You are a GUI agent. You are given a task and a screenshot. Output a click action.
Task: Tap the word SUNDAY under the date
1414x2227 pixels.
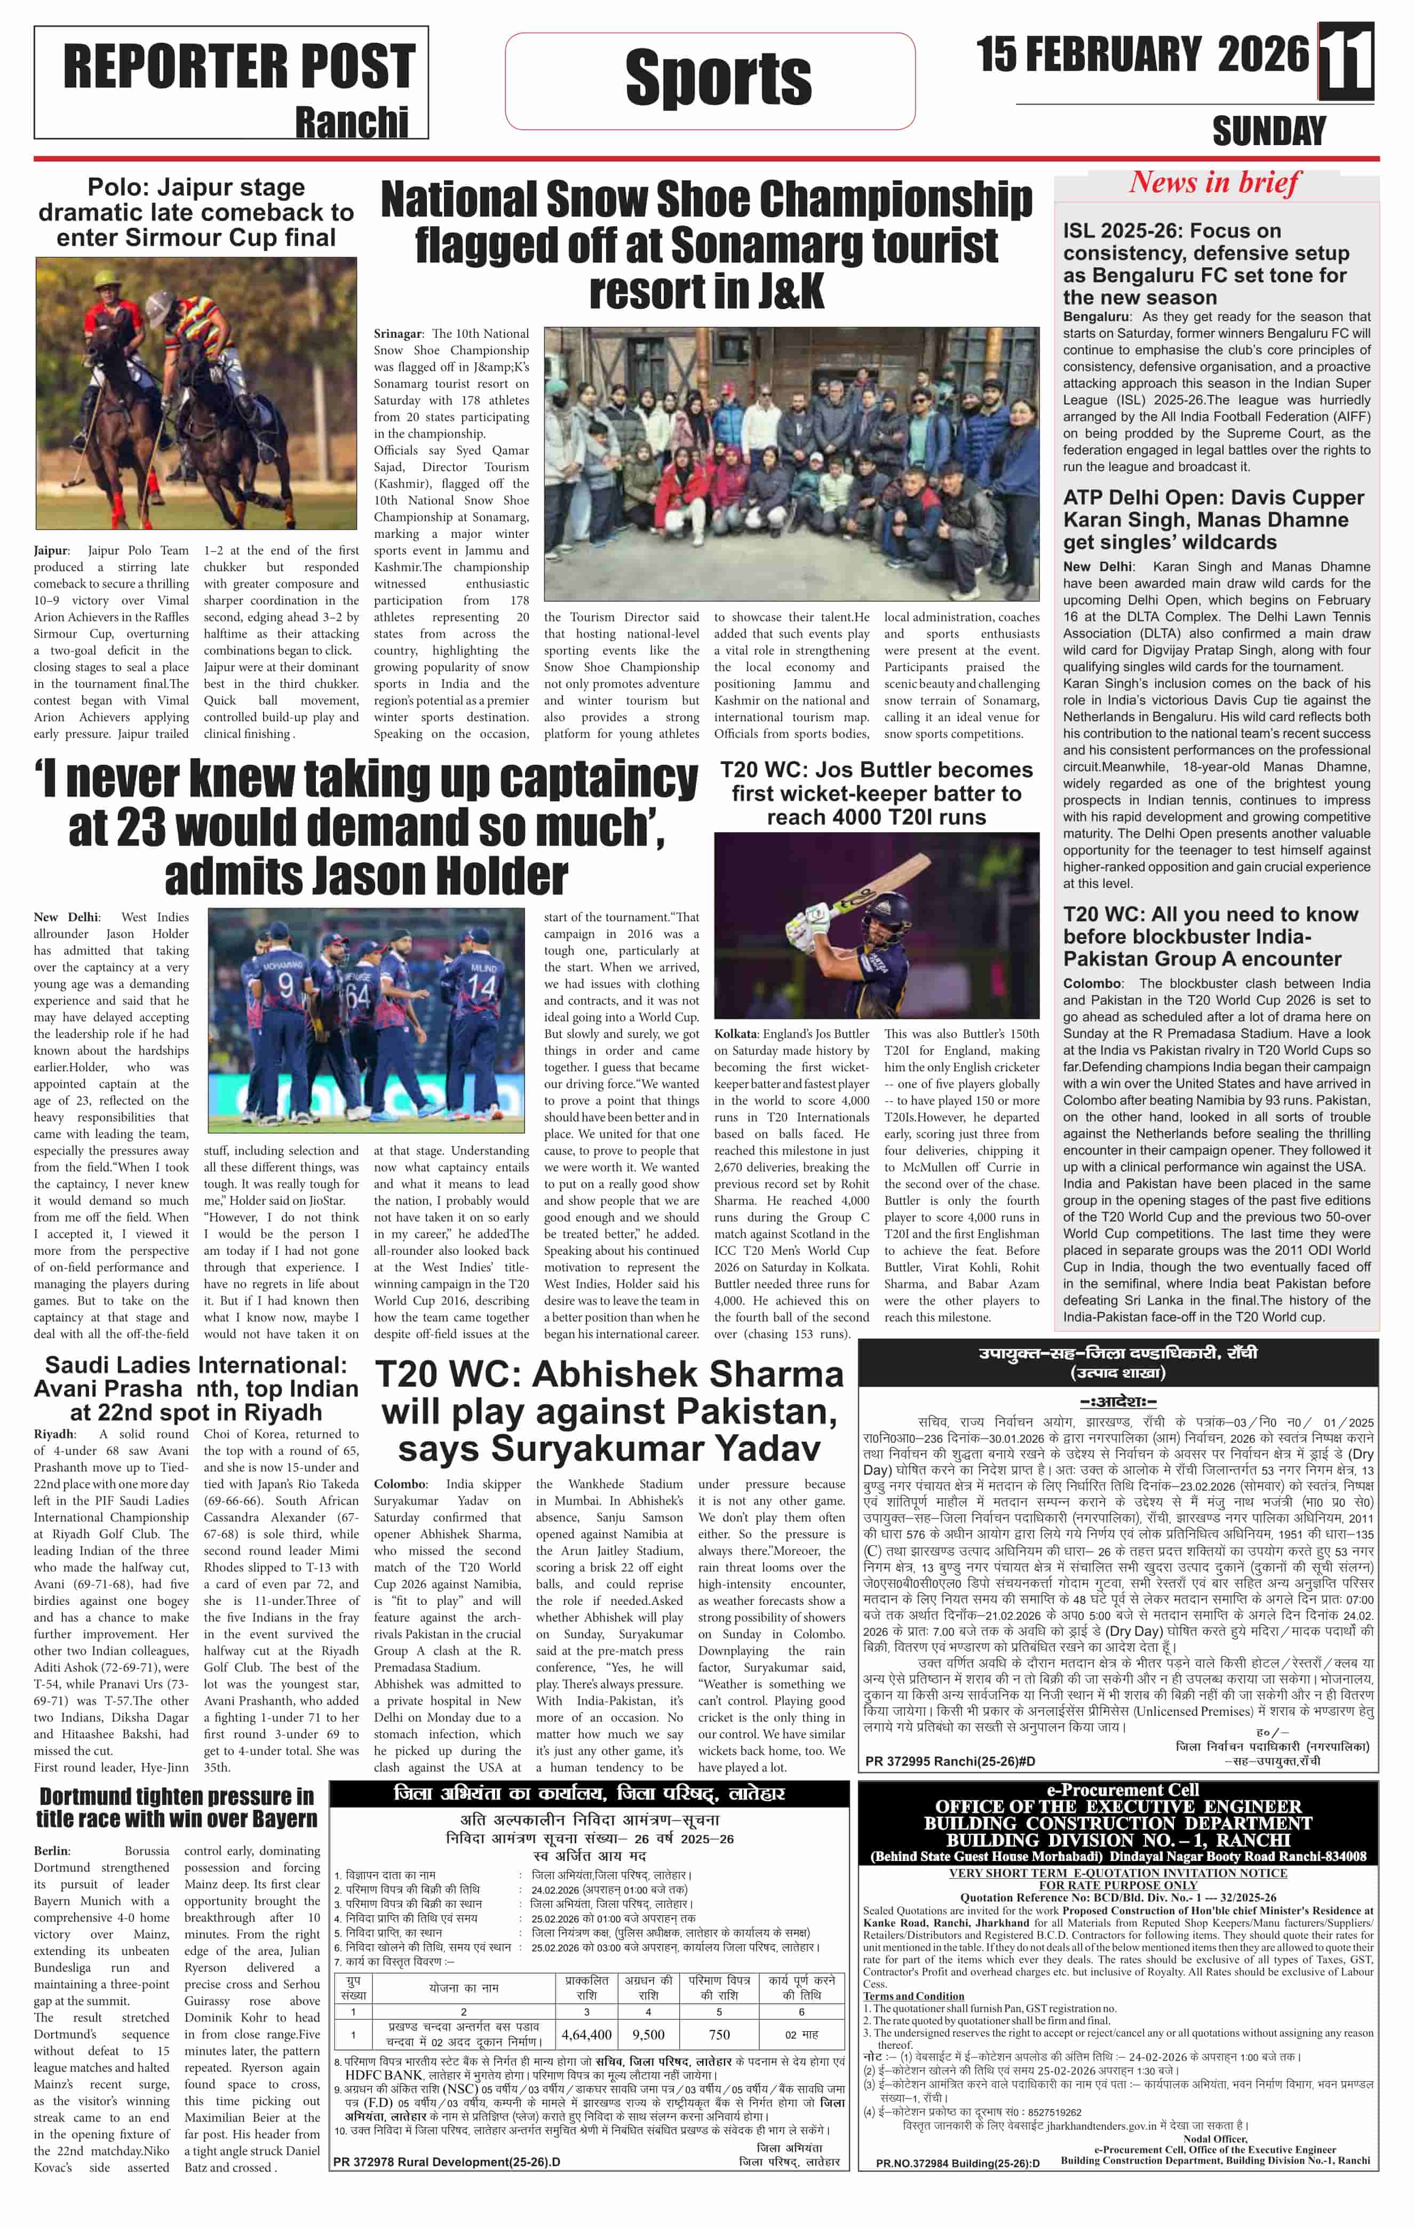point(1269,131)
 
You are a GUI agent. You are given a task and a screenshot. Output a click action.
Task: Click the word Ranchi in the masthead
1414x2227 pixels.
point(352,121)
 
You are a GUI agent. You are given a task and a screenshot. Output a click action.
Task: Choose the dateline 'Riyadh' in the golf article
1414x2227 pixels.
point(54,1434)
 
